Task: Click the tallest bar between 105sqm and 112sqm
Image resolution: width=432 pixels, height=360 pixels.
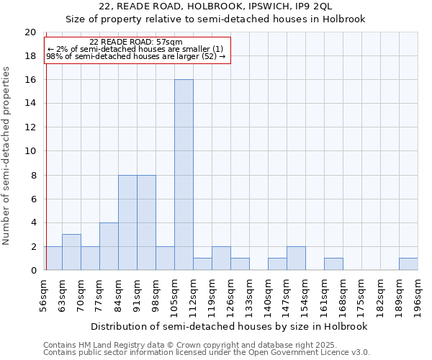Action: pyautogui.click(x=184, y=175)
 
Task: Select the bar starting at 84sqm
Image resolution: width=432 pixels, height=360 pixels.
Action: pyautogui.click(x=127, y=222)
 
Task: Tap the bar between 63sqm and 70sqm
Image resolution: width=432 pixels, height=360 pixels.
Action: pyautogui.click(x=71, y=252)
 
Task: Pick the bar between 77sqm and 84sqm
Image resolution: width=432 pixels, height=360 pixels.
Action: pyautogui.click(x=109, y=246)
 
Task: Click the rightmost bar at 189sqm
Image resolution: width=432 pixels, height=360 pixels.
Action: pyautogui.click(x=408, y=264)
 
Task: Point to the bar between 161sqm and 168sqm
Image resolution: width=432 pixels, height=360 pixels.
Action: pyautogui.click(x=333, y=264)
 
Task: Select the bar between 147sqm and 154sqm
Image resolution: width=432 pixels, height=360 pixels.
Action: pyautogui.click(x=296, y=258)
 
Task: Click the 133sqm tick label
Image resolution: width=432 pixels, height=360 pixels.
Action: pyautogui.click(x=249, y=296)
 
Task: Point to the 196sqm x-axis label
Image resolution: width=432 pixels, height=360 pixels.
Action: pyautogui.click(x=418, y=296)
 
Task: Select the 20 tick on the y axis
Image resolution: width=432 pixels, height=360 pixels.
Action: pyautogui.click(x=30, y=32)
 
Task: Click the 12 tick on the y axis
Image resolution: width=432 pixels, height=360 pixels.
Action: pyautogui.click(x=30, y=127)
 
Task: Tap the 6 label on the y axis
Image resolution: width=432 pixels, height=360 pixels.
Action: pyautogui.click(x=33, y=199)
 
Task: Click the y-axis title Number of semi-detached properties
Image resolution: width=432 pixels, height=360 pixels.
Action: pyautogui.click(x=7, y=156)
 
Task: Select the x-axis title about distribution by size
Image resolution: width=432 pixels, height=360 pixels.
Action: pyautogui.click(x=229, y=326)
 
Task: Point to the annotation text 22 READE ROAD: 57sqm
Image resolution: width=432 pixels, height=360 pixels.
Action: pyautogui.click(x=136, y=42)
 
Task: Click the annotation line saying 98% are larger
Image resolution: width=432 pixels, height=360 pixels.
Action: pyautogui.click(x=136, y=56)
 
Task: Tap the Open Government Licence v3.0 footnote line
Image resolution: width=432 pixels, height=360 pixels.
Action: pyautogui.click(x=207, y=353)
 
